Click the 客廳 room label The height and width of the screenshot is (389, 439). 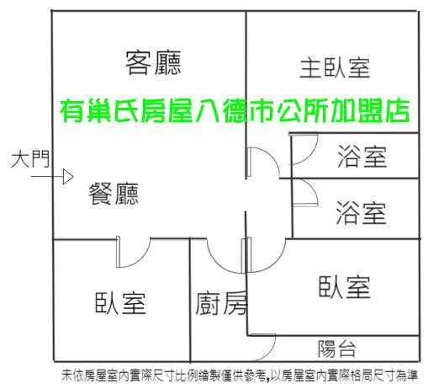153,63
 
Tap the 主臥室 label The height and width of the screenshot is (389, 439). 335,68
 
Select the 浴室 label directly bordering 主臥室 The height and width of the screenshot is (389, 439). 362,157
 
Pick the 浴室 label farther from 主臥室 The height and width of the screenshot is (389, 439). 361,212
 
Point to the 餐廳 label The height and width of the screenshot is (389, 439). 114,194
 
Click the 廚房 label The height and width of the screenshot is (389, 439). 221,303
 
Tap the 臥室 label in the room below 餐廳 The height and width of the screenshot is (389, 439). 120,303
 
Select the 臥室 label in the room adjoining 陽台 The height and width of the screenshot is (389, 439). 344,287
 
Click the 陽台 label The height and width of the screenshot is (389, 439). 336,349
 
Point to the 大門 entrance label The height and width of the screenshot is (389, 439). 30,159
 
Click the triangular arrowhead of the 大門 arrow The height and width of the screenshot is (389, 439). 68,177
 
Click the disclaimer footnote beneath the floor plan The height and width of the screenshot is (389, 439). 240,376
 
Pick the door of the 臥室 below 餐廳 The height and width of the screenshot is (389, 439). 140,259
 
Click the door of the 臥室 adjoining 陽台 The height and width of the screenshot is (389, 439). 276,263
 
